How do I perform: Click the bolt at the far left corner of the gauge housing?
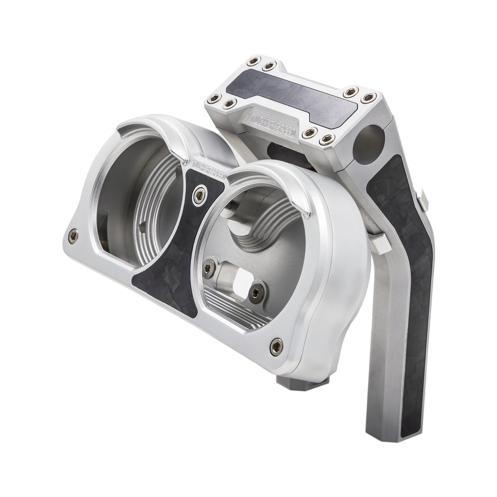pos(73,236)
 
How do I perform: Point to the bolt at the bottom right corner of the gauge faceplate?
pos(276,343)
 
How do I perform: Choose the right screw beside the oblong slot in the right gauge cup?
pos(256,291)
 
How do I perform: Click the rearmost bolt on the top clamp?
pos(252,62)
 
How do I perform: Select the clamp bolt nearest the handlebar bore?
pos(328,137)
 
